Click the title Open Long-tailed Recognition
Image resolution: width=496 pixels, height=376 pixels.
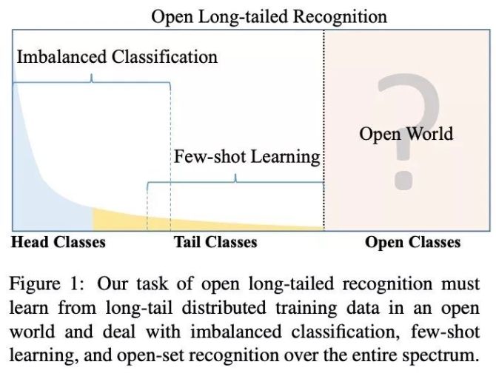pyautogui.click(x=269, y=16)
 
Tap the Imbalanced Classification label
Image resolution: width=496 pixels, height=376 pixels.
pyautogui.click(x=117, y=57)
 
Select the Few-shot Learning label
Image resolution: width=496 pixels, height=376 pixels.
pyautogui.click(x=247, y=157)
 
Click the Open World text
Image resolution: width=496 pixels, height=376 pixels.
pyautogui.click(x=406, y=134)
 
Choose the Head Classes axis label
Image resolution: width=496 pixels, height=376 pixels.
pyautogui.click(x=58, y=242)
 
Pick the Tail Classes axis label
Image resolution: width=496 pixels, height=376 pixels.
pyautogui.click(x=215, y=242)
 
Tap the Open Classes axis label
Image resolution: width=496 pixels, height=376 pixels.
pyautogui.click(x=412, y=242)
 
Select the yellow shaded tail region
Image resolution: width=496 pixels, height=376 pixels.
pyautogui.click(x=126, y=220)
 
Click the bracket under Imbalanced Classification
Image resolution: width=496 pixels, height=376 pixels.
pyautogui.click(x=92, y=77)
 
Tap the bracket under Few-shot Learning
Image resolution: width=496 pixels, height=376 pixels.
pyautogui.click(x=235, y=178)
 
